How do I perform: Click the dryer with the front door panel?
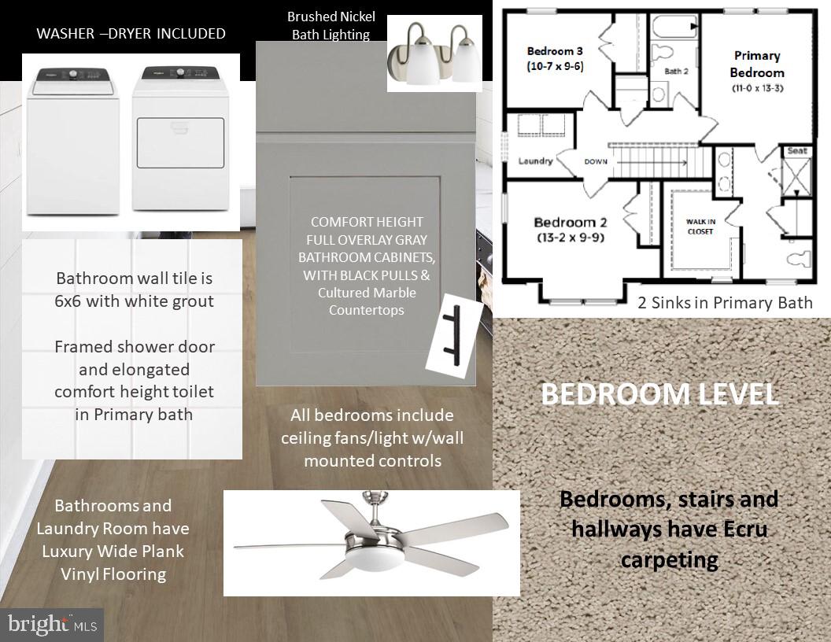pyautogui.click(x=180, y=142)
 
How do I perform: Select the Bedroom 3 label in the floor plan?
pyautogui.click(x=554, y=59)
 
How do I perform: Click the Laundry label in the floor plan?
pyautogui.click(x=535, y=161)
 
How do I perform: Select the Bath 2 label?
pyautogui.click(x=676, y=71)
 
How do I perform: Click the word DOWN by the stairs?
pyautogui.click(x=596, y=161)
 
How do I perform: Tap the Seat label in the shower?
pyautogui.click(x=796, y=151)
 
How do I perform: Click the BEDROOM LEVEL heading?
pyautogui.click(x=659, y=393)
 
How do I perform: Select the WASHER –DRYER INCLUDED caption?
pyautogui.click(x=131, y=33)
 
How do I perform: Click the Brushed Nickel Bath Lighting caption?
pyautogui.click(x=331, y=25)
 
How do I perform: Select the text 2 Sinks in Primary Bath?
pyautogui.click(x=725, y=302)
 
